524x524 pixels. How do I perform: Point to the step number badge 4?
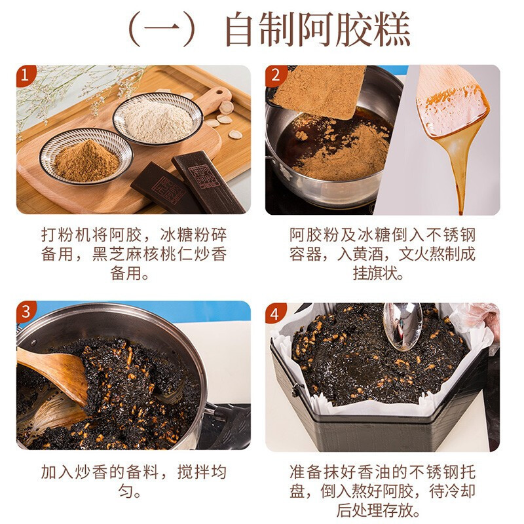click(x=274, y=312)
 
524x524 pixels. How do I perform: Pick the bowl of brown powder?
click(x=85, y=157)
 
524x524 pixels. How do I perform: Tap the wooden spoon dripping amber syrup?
click(x=452, y=118)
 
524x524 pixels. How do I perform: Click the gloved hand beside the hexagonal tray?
click(x=481, y=321)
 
